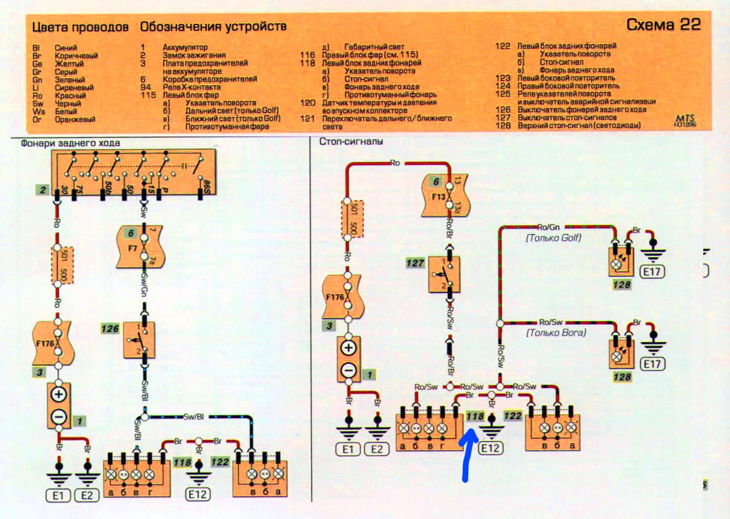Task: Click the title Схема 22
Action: (663, 25)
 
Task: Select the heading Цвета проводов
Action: (80, 27)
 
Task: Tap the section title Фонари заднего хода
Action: (70, 143)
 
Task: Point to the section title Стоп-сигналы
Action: (351, 142)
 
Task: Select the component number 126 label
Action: (110, 328)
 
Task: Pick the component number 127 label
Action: (415, 263)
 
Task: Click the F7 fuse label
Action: (132, 248)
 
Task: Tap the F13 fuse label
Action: (438, 197)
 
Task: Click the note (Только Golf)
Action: (553, 238)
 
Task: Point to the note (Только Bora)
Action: (556, 333)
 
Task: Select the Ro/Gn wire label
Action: (548, 227)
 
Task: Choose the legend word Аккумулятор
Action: (185, 47)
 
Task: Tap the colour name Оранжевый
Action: (75, 119)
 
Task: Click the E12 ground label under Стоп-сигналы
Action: (490, 448)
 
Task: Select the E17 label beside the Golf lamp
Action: (652, 272)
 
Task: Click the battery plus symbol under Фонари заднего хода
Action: (59, 394)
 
